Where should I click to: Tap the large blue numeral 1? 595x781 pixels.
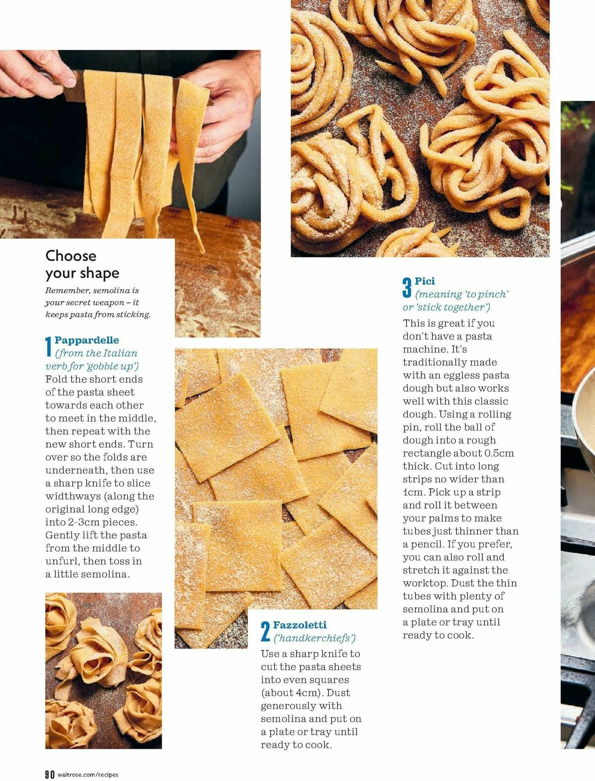[49, 346]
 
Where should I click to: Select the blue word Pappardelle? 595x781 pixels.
[87, 340]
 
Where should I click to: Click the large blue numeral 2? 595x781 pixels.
[265, 631]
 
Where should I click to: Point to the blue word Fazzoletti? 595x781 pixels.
[300, 625]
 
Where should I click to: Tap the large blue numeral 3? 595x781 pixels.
[407, 288]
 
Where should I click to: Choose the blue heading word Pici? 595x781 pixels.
[425, 281]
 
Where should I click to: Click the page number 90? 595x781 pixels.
[50, 775]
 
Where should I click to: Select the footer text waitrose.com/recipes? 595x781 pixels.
[88, 775]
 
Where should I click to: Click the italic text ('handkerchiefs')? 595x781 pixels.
[315, 638]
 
